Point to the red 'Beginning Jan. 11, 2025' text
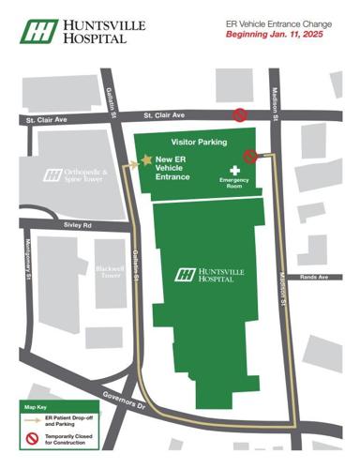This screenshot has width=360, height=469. [x=266, y=34]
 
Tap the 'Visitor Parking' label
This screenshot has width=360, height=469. [x=198, y=142]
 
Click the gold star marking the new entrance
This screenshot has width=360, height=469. [x=146, y=161]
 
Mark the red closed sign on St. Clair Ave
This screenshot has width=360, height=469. [x=241, y=115]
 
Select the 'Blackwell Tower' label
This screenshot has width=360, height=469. [x=110, y=272]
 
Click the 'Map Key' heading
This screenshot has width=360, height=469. [x=37, y=408]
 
